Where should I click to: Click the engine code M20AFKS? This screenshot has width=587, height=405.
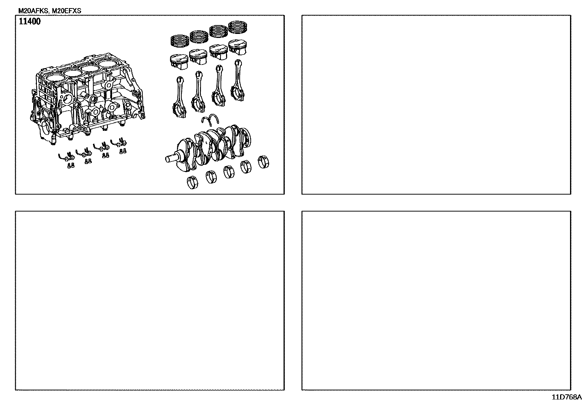(x=33, y=11)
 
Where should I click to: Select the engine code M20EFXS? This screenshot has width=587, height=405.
(x=67, y=11)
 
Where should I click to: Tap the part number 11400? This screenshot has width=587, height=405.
(x=29, y=21)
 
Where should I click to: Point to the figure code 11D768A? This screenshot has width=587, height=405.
(x=567, y=397)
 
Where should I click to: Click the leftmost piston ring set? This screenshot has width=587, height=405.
(x=180, y=41)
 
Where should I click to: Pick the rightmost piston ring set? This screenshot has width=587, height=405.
(x=238, y=27)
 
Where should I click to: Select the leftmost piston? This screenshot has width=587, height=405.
(x=179, y=62)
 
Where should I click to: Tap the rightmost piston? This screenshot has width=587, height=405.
(x=237, y=47)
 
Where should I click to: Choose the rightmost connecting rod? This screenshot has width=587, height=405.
(x=238, y=80)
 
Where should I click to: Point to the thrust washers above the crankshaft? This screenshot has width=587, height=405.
(x=210, y=119)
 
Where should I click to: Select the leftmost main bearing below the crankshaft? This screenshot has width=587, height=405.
(x=192, y=182)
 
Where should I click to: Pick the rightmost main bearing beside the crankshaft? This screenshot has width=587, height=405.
(x=264, y=162)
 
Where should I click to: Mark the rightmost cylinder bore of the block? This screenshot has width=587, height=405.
(x=108, y=64)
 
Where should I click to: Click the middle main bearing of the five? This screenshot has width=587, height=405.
(x=229, y=172)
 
